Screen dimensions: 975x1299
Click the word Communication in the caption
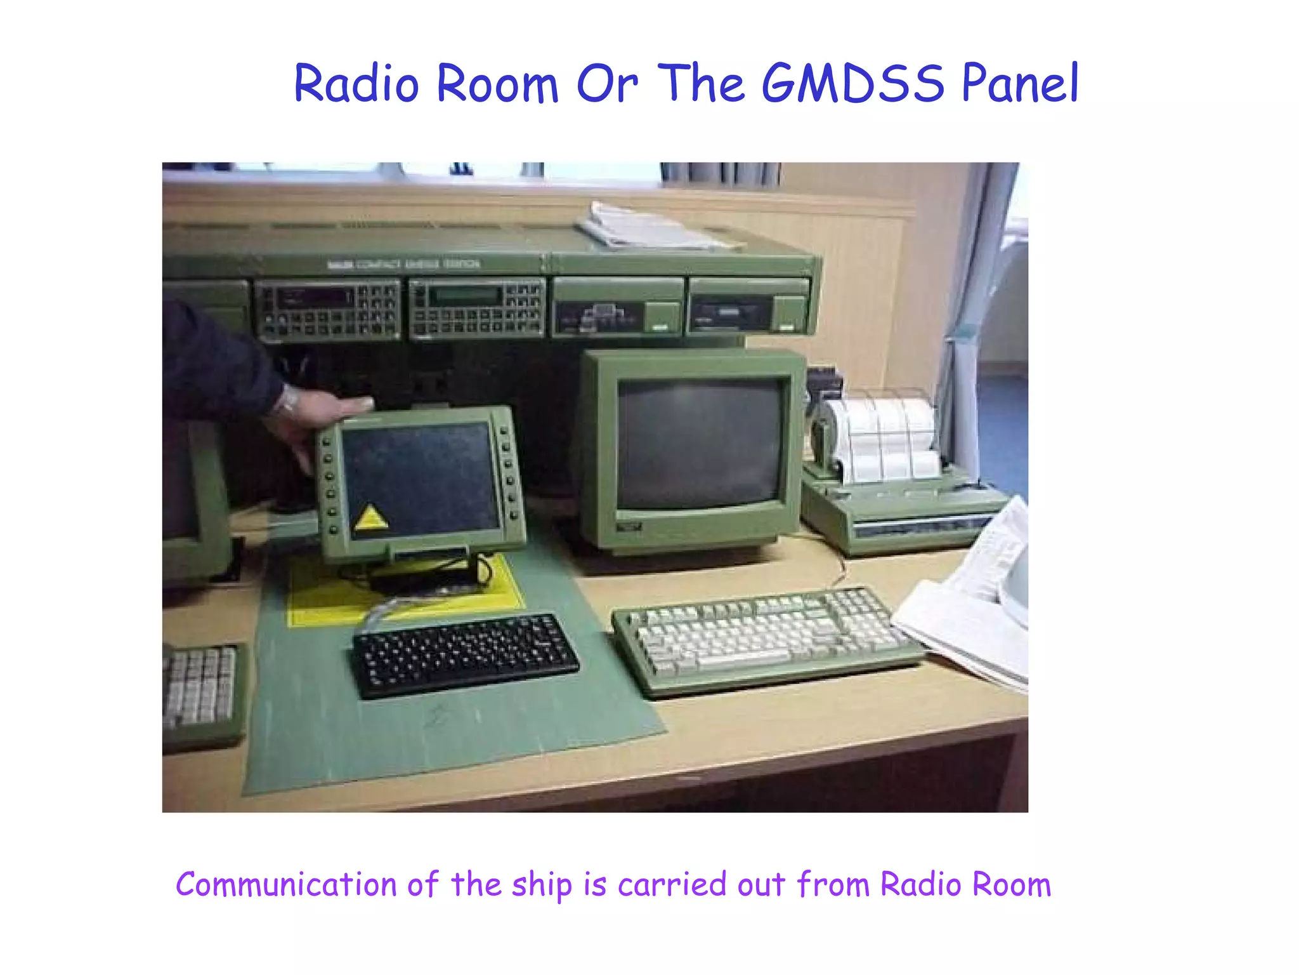click(x=286, y=884)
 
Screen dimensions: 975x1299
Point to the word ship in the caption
click(x=542, y=885)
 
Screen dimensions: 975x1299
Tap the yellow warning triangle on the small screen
click(x=371, y=517)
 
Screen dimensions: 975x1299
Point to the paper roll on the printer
click(x=878, y=438)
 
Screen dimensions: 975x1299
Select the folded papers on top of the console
click(x=653, y=227)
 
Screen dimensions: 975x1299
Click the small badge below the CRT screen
click(x=629, y=527)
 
